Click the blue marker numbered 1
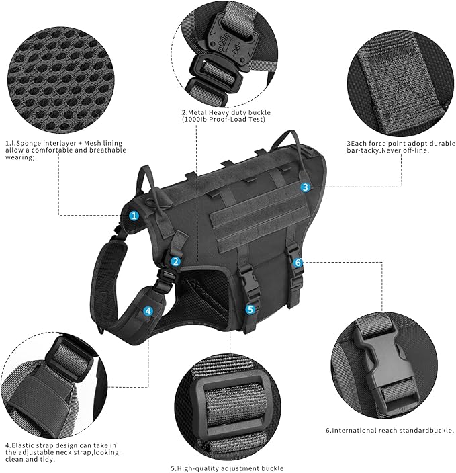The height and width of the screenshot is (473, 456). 134,216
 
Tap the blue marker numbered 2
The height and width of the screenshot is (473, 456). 175,261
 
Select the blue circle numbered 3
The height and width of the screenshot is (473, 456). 305,187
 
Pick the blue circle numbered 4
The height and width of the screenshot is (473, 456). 148,311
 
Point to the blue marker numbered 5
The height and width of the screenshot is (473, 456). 250,309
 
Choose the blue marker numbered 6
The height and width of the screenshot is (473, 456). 298,263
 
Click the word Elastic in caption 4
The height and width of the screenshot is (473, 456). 24,445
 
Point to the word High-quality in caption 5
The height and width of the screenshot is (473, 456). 198,468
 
